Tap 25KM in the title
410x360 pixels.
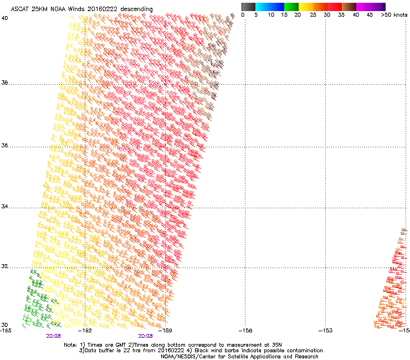click(x=43, y=9)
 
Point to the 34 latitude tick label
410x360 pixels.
click(x=4, y=207)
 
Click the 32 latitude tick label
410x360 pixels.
click(x=4, y=266)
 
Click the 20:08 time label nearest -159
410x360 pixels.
click(x=146, y=336)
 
